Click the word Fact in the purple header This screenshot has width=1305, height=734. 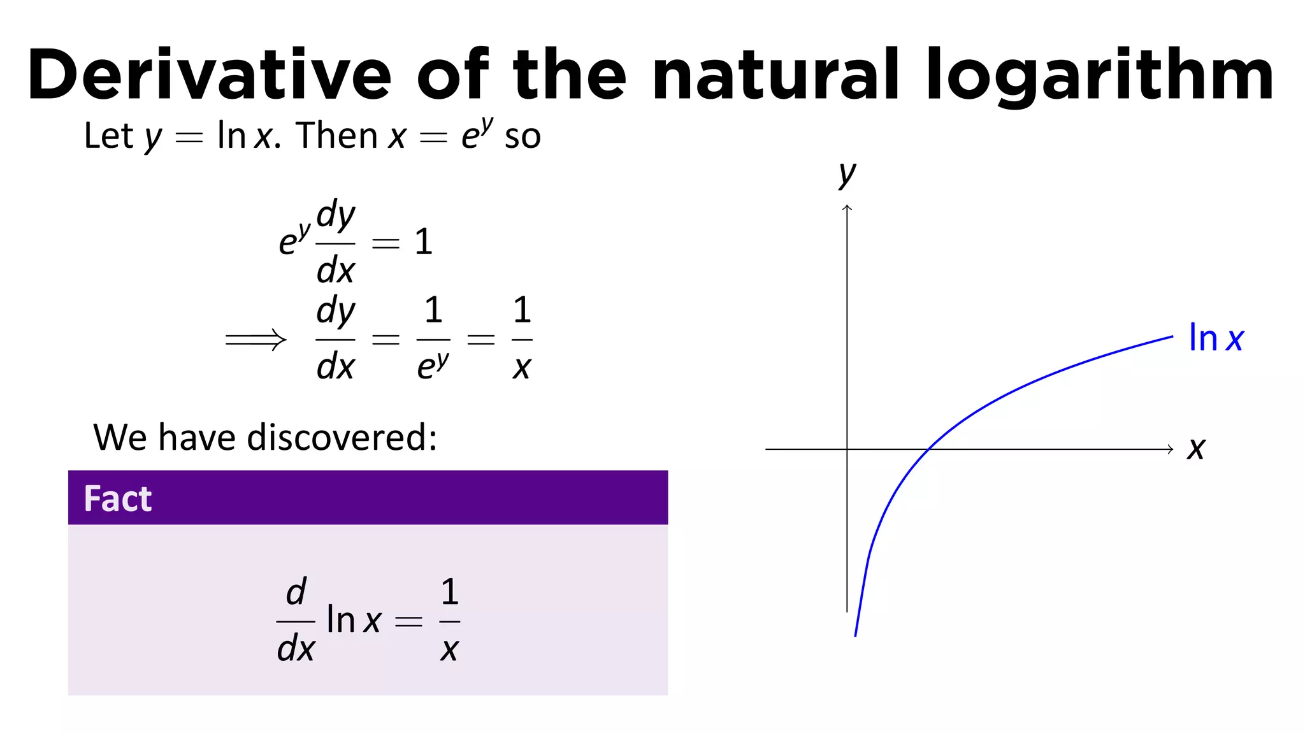point(118,498)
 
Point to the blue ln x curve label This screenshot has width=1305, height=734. point(1216,338)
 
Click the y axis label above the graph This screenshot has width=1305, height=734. point(847,173)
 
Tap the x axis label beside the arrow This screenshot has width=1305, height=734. point(1196,449)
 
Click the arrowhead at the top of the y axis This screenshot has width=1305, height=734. point(847,208)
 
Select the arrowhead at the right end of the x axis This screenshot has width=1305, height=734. point(1170,449)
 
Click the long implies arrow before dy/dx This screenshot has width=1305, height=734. point(256,340)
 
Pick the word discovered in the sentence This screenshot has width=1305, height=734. point(342,438)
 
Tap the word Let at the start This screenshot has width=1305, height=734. point(108,136)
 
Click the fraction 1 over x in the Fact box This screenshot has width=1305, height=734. point(450,620)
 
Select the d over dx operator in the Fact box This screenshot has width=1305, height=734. point(296,620)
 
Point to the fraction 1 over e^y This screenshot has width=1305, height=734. point(433,340)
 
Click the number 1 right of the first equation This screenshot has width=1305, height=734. point(424,242)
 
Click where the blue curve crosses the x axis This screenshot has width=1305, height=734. point(930,449)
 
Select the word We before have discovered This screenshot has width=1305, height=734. point(120,438)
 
